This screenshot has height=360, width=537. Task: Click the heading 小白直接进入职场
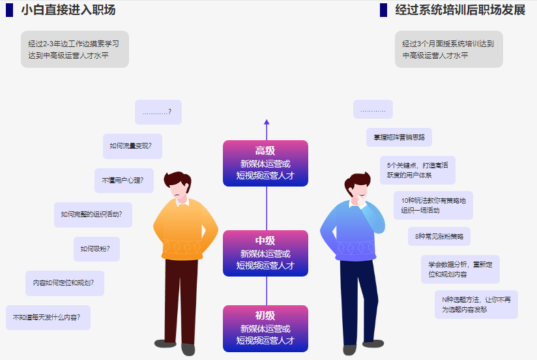click(68, 10)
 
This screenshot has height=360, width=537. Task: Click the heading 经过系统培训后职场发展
click(460, 10)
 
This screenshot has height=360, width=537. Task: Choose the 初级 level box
click(265, 328)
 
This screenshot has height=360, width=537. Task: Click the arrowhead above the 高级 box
click(267, 121)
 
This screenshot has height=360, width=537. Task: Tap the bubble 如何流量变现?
click(132, 146)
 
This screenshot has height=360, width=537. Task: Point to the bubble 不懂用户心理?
click(124, 180)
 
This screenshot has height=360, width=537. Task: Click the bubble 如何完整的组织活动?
click(93, 215)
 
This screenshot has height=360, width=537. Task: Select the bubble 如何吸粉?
click(96, 248)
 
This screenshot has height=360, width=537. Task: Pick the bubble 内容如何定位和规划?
click(65, 283)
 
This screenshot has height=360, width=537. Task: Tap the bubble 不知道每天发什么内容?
click(48, 318)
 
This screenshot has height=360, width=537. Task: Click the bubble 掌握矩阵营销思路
click(399, 137)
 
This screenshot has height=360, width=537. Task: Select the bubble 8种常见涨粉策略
click(439, 236)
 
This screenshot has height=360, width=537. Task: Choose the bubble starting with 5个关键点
click(417, 170)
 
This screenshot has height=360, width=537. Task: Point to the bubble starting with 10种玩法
click(433, 205)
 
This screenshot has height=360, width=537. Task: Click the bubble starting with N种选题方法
click(476, 305)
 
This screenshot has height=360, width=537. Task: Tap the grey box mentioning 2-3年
click(74, 50)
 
